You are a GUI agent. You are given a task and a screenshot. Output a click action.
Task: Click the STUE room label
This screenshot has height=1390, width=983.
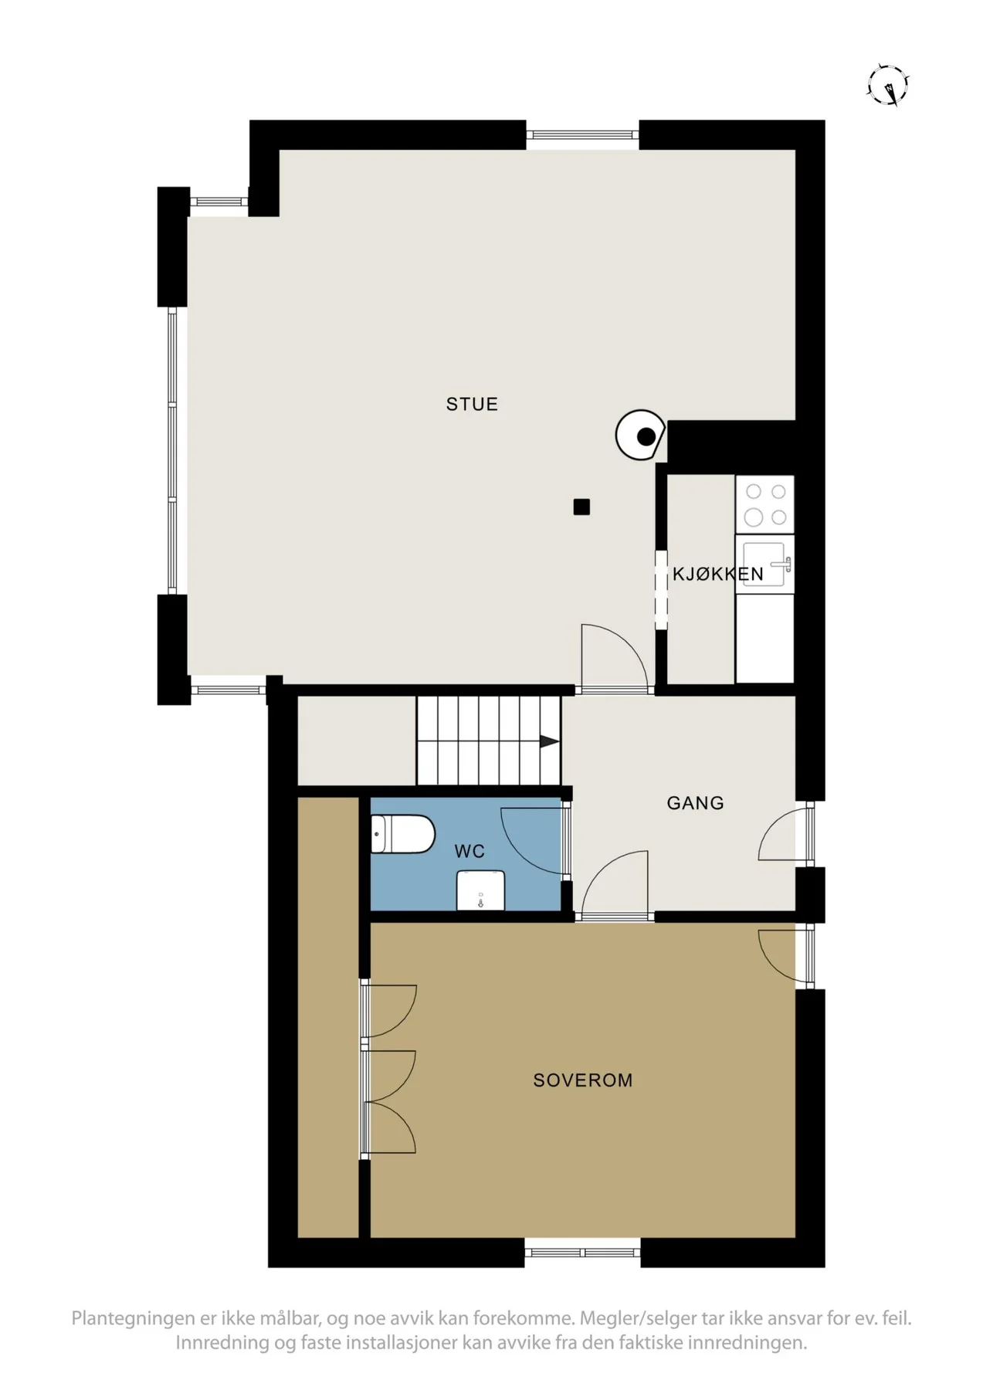472,404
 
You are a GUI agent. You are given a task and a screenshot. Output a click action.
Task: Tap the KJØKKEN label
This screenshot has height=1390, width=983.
718,574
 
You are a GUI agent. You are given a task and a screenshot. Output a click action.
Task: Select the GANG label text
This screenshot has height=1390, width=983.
695,803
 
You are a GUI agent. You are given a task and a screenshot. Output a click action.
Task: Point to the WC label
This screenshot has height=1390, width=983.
469,852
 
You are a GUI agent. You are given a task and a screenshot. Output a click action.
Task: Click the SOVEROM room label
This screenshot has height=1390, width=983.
583,1080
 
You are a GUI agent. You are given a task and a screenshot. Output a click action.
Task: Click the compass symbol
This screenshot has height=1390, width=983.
888,85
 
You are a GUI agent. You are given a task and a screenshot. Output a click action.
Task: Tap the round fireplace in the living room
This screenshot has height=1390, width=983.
640,435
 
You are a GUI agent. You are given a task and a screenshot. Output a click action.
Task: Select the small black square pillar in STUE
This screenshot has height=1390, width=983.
581,507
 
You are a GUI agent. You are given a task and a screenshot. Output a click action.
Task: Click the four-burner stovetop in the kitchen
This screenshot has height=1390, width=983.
765,504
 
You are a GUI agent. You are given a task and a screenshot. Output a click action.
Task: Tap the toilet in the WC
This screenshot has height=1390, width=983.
402,834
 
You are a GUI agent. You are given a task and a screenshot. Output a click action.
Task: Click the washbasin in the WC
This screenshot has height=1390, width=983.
481,890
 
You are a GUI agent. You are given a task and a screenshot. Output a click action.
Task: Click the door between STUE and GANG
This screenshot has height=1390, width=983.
614,656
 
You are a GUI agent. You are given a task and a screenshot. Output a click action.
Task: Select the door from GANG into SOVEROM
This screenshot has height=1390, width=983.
615,885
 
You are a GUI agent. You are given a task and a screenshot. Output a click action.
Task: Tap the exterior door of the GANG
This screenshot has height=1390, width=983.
785,834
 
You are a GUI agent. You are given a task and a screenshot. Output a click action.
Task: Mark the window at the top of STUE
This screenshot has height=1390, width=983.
583,135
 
